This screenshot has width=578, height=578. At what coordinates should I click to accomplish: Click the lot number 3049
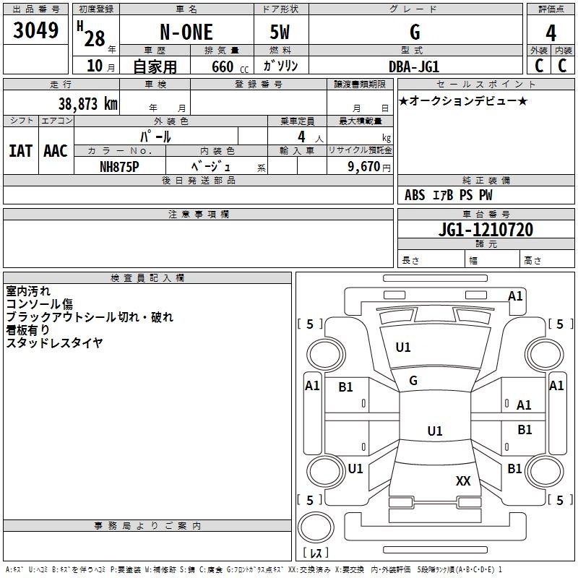[x=36, y=32]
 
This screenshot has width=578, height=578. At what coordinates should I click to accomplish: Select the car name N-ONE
[x=185, y=33]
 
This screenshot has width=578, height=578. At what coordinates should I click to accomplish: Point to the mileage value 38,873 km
[x=87, y=103]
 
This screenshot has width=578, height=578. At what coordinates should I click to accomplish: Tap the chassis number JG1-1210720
[x=486, y=230]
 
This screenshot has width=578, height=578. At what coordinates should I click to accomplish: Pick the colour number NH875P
[x=119, y=166]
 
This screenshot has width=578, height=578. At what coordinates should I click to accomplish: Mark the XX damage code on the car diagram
[x=463, y=480]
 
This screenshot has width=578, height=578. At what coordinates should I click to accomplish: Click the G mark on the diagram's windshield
[x=413, y=381]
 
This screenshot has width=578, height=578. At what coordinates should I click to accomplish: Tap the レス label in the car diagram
[x=316, y=553]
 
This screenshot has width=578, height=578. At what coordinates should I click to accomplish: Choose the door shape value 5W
[x=281, y=33]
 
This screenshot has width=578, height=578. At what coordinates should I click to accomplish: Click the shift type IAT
[x=20, y=150]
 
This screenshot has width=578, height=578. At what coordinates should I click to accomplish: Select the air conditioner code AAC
[x=56, y=150]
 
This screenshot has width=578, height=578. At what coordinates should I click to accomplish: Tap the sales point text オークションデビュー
[x=463, y=100]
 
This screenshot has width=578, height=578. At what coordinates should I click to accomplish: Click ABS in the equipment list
[x=415, y=195]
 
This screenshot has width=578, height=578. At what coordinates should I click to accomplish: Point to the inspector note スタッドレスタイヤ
[x=54, y=343]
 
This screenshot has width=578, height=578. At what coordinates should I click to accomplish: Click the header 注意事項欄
[x=198, y=215]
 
